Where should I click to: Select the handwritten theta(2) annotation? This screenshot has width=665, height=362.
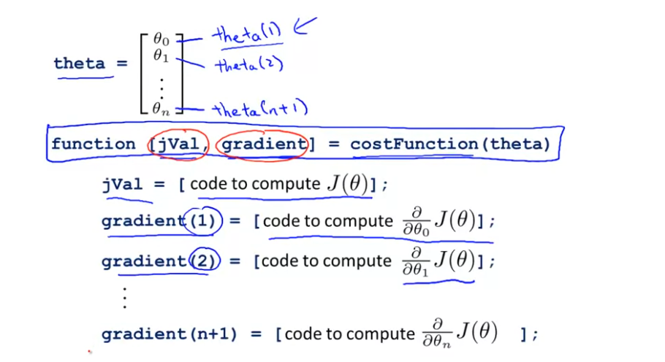248,66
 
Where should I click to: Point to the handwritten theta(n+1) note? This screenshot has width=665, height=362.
260,109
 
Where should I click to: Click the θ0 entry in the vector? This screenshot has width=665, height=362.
161,39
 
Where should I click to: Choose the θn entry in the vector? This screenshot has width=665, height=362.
161,109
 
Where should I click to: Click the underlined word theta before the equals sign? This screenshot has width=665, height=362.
80,63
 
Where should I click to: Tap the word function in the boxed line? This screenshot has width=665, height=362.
93,144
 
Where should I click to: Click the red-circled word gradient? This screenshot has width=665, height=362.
264,144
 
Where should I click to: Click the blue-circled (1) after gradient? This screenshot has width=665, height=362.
200,221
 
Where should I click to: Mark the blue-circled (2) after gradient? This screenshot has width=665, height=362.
200,261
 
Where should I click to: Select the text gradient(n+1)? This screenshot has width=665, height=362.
170,334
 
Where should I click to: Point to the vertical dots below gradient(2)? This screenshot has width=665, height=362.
125,299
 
